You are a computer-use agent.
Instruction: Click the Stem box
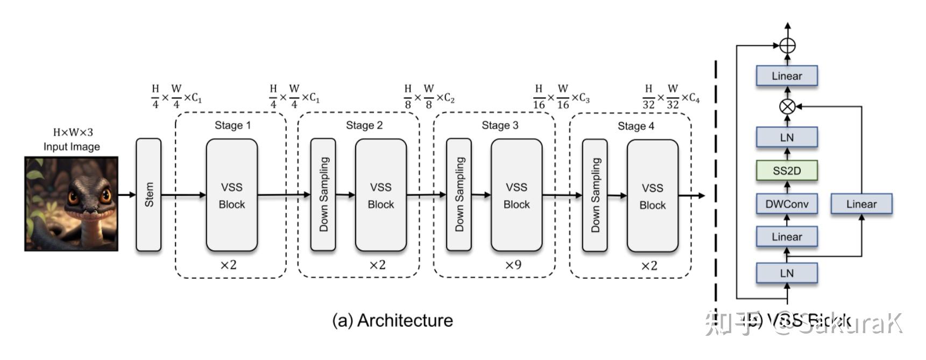149,194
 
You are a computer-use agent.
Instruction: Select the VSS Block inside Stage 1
232,195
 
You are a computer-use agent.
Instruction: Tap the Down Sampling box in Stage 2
323,194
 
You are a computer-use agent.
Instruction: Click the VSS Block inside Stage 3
517,195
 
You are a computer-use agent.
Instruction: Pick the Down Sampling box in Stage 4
595,195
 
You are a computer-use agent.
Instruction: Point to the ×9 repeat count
513,265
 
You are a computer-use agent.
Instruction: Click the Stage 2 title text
364,125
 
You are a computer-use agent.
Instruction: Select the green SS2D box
787,171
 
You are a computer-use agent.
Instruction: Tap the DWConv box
787,204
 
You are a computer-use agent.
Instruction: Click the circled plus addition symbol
787,46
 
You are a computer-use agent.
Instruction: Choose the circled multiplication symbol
787,107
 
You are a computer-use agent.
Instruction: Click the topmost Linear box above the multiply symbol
787,76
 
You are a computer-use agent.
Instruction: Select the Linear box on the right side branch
861,204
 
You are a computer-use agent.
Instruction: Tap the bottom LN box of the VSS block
787,273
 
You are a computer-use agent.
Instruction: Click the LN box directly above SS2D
787,137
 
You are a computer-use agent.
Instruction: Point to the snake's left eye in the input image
73,197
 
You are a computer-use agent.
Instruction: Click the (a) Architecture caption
393,320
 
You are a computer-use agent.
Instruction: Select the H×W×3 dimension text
73,132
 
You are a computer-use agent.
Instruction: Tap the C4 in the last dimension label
694,98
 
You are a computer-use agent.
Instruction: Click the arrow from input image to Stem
127,194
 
